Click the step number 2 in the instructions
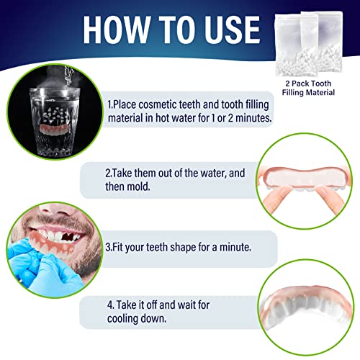108,173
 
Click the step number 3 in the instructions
108,246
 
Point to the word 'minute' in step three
233,246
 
